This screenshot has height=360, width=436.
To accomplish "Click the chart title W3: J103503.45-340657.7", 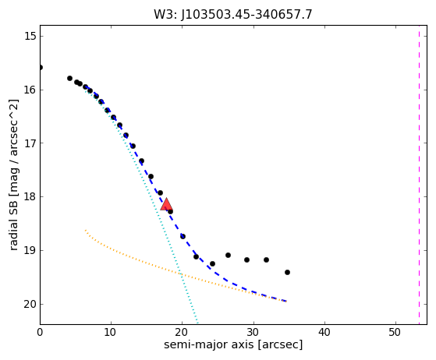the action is [233, 14].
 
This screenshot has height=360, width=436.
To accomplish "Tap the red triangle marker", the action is [166, 205].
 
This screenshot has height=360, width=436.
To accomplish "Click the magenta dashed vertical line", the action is [419, 175].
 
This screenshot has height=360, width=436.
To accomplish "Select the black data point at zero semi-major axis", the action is [41, 68].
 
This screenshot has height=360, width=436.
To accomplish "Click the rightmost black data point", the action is [287, 272].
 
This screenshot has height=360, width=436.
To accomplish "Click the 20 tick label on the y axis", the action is [30, 304].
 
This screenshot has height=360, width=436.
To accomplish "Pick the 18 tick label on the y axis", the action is [30, 196].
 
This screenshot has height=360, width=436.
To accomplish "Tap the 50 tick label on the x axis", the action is [395, 332].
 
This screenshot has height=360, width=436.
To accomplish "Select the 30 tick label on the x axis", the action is [253, 332].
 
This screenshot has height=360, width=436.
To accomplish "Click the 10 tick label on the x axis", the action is [111, 332].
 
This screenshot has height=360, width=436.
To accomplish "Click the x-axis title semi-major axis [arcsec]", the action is [233, 344].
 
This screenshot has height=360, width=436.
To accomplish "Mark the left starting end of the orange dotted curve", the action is [85, 231].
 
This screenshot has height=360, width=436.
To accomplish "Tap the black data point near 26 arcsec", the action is [228, 255].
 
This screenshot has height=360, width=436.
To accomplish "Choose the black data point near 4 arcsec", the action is [69, 79].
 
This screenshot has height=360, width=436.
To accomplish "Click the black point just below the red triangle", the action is [171, 212].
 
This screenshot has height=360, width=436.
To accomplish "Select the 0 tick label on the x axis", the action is [40, 332].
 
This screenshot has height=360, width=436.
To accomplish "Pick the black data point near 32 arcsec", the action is [266, 260].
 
